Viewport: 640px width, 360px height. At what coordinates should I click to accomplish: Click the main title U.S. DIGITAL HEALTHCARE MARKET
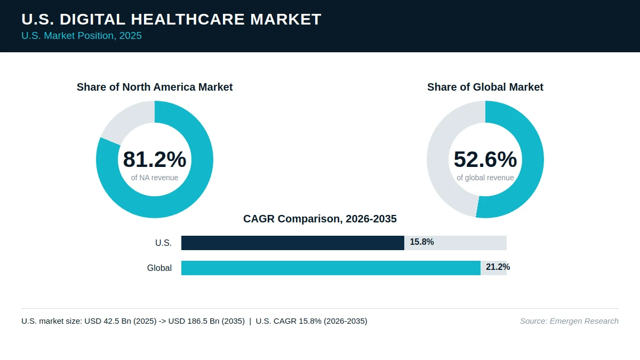(x=171, y=19)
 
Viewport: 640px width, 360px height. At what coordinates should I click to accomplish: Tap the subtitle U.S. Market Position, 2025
(x=82, y=36)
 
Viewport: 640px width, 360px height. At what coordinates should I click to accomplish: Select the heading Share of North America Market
(x=155, y=87)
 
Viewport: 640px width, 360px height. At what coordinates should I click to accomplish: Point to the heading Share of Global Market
(x=485, y=87)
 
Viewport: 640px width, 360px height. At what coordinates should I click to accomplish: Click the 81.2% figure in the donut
(x=155, y=159)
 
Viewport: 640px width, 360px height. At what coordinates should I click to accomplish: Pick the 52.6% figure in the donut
(x=485, y=159)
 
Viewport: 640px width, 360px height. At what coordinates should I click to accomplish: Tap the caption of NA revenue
(x=155, y=178)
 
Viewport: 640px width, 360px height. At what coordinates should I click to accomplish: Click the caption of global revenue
(x=485, y=178)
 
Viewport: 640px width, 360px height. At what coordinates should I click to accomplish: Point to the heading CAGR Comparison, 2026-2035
(x=320, y=219)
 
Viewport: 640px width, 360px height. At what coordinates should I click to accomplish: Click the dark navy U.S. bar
(x=293, y=243)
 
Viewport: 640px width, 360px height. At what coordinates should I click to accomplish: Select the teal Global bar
(x=331, y=268)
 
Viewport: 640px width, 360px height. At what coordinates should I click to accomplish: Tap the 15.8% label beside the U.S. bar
(x=422, y=242)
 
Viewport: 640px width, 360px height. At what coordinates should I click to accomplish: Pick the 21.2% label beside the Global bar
(x=498, y=267)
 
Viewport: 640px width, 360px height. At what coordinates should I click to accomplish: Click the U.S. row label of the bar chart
(x=163, y=243)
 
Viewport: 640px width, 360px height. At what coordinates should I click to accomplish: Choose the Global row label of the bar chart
(x=159, y=268)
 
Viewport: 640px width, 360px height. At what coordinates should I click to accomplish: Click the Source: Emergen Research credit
(x=570, y=321)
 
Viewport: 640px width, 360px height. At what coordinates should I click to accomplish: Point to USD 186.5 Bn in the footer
(x=206, y=321)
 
